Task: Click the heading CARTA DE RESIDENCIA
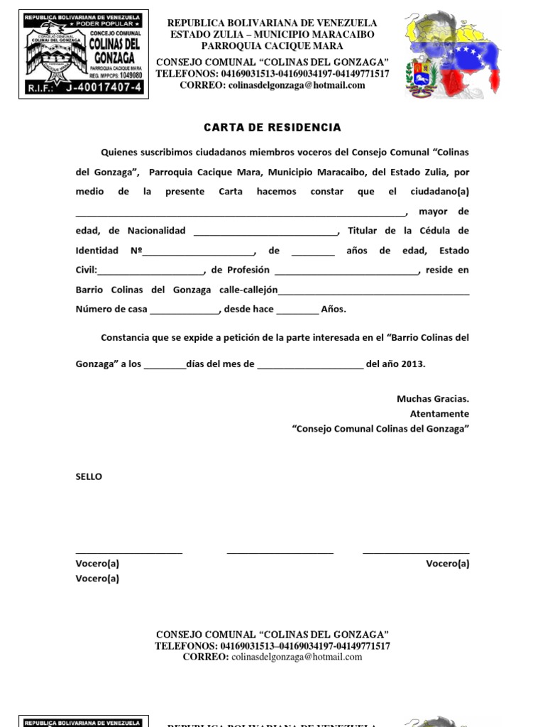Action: [272, 128]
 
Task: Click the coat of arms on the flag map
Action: [418, 77]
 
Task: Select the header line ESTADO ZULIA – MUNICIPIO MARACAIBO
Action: [272, 34]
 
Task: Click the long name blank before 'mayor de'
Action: [241, 212]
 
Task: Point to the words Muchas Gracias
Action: [433, 399]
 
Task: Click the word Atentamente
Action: [439, 414]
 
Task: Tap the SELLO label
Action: [89, 476]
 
